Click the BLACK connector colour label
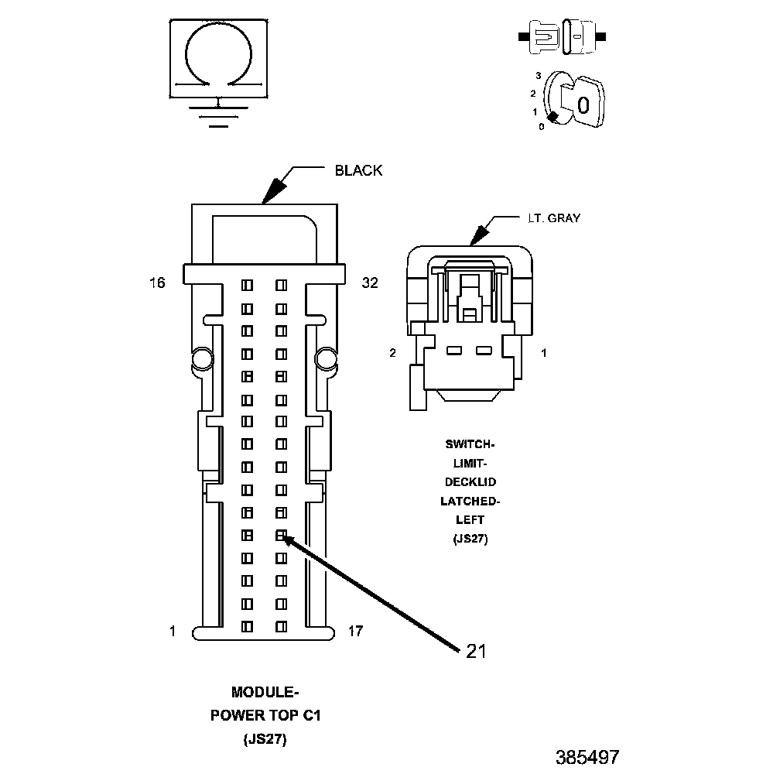[358, 170]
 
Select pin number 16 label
[157, 283]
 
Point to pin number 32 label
[370, 283]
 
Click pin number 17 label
[355, 632]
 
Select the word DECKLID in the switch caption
[469, 481]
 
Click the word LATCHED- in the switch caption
[469, 501]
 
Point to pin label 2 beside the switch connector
[393, 353]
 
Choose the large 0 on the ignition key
[584, 104]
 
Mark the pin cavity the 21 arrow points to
[281, 535]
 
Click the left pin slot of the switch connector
[454, 351]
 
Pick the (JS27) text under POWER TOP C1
[265, 739]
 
